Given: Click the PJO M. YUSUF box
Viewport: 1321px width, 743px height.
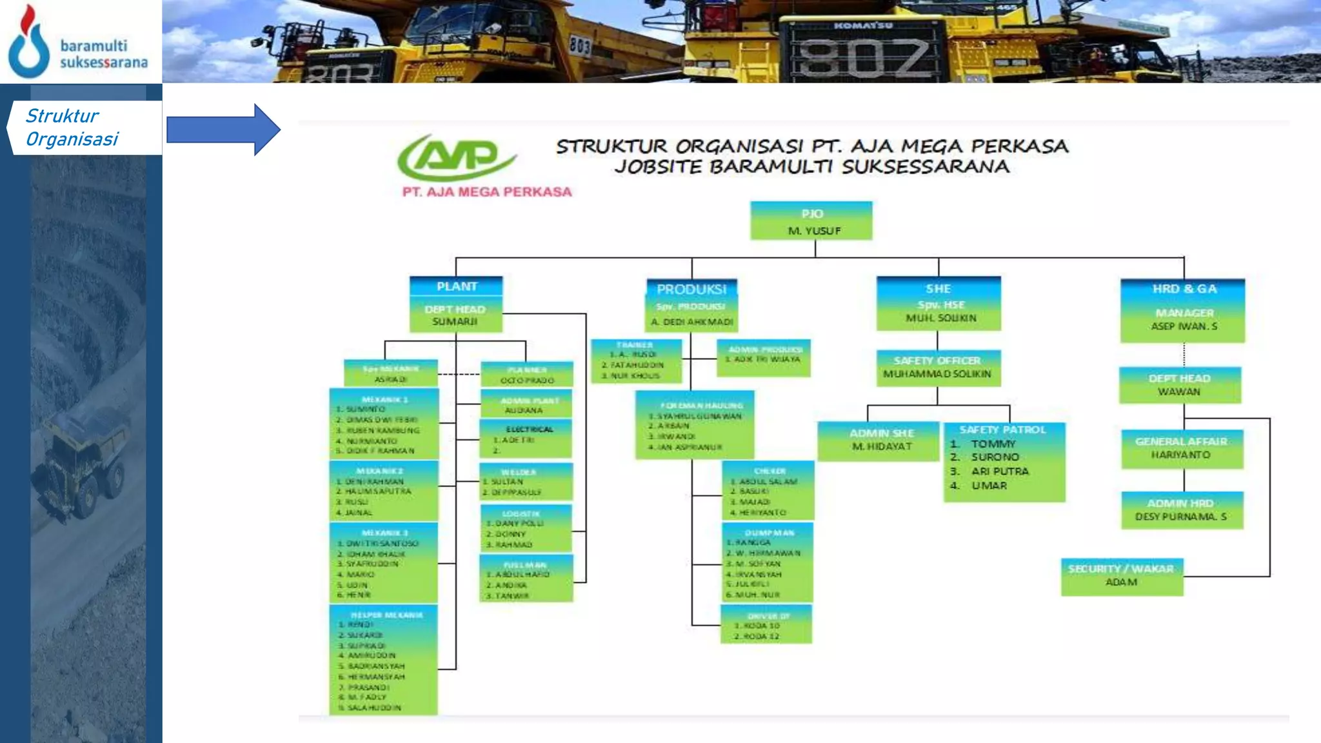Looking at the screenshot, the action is click(x=811, y=221).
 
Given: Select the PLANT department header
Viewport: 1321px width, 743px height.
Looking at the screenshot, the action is click(x=456, y=286).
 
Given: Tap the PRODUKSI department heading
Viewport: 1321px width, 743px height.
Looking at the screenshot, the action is click(x=691, y=289).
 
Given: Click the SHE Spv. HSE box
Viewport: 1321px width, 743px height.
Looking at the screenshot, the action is click(x=939, y=303).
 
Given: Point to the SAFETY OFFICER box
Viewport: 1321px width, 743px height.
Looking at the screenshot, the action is click(x=939, y=368).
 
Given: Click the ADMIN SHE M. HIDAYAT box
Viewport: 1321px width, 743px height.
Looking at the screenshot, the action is click(x=881, y=440).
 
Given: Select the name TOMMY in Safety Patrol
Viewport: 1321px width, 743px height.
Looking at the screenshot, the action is click(x=993, y=444).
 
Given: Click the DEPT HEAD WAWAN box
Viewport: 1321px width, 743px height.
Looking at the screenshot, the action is click(x=1180, y=385).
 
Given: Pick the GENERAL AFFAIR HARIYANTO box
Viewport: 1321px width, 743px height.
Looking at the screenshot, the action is click(x=1182, y=448).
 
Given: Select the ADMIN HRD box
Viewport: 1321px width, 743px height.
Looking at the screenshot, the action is click(x=1182, y=510).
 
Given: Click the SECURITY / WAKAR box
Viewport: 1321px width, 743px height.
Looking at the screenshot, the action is click(x=1122, y=576).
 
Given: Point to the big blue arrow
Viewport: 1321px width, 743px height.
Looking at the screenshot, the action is click(x=223, y=130).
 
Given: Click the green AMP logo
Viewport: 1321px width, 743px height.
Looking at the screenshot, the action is click(x=457, y=157).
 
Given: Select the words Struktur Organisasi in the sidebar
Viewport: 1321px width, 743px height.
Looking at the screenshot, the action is click(x=72, y=128).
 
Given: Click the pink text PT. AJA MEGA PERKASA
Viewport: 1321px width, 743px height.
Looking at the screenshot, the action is click(x=487, y=192).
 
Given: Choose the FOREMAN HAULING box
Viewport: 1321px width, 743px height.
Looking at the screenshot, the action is click(x=695, y=425).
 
